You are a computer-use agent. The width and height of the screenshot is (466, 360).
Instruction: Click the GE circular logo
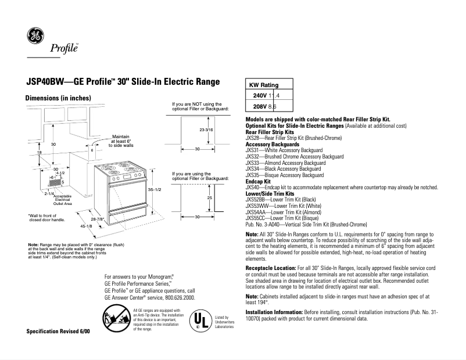click(35, 37)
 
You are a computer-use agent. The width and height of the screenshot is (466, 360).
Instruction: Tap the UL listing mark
click(199, 321)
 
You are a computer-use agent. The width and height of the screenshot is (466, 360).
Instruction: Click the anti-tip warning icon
click(116, 319)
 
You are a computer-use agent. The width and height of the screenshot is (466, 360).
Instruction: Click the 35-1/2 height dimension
click(154, 190)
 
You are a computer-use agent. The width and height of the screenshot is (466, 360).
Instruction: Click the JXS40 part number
click(252, 188)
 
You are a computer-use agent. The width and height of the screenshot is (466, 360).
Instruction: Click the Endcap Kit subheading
click(259, 181)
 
